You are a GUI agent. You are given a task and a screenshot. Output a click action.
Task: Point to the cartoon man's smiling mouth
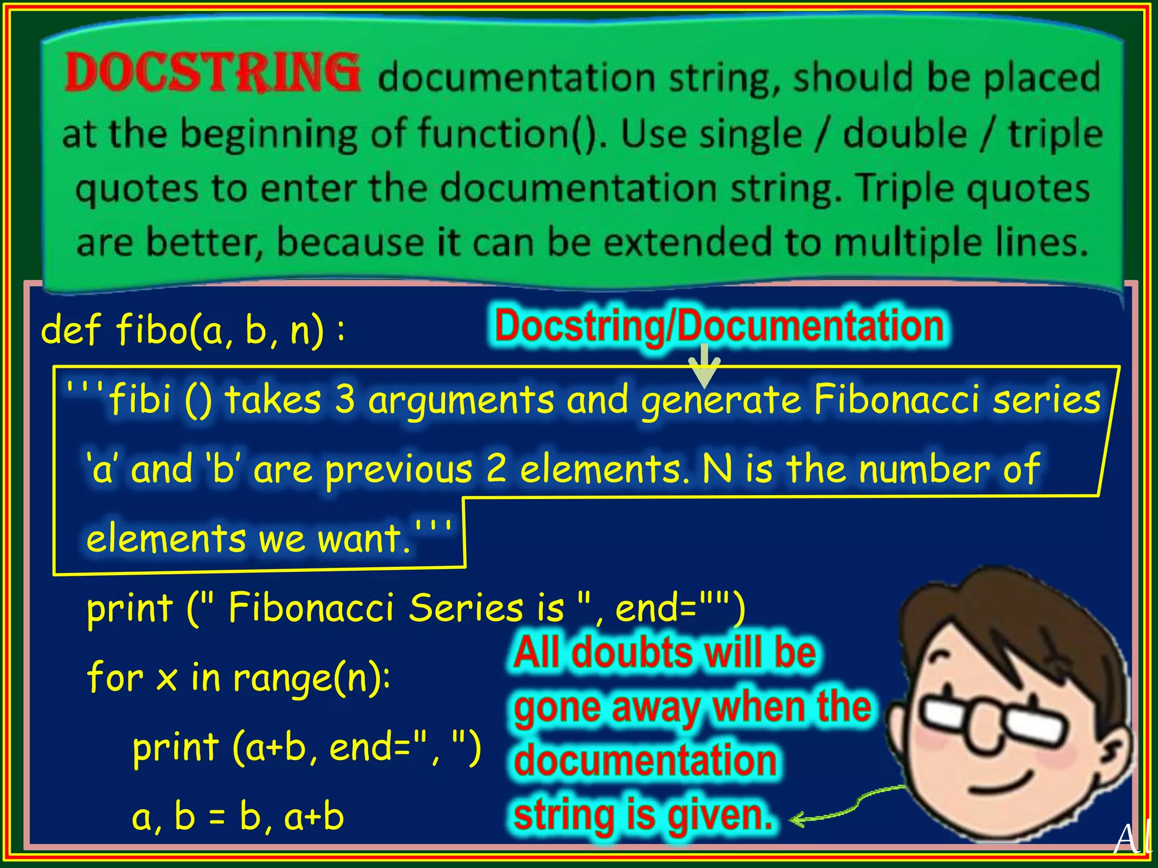[1012, 783]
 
